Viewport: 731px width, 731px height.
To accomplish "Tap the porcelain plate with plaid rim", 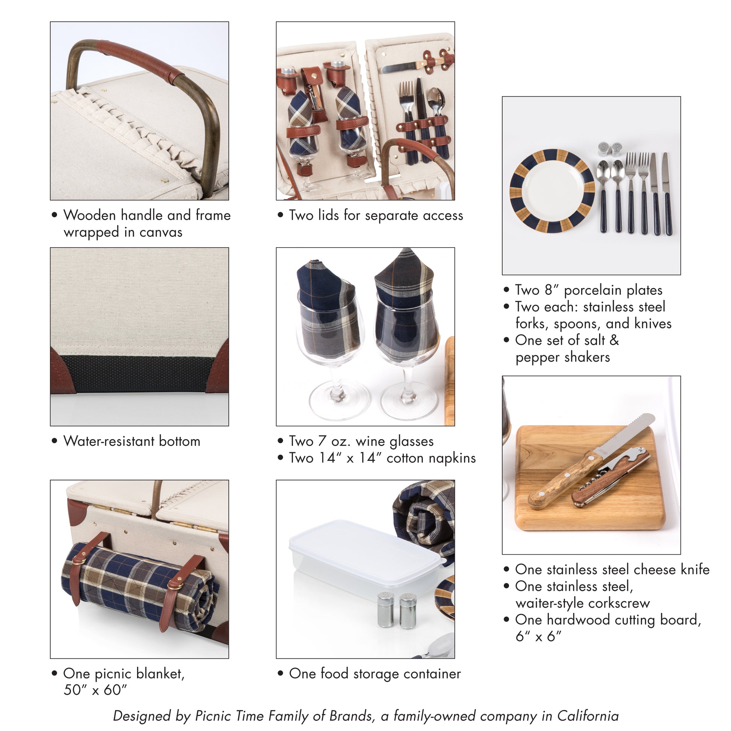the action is point(552,191).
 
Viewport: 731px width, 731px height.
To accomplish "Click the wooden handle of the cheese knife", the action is point(565,481).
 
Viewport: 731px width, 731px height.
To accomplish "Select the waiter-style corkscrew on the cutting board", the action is point(610,477).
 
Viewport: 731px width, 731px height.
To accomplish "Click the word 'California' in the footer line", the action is point(588,716).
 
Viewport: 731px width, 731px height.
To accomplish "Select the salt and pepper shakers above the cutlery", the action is point(610,149).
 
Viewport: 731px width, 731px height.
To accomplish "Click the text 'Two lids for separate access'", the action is point(376,215).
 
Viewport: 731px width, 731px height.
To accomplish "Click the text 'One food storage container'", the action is point(375,674).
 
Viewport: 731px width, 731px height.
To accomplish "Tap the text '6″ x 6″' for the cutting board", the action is point(538,636).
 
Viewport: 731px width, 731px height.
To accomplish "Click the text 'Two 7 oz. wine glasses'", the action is point(361,441).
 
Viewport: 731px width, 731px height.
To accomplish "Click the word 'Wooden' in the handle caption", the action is point(90,215).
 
